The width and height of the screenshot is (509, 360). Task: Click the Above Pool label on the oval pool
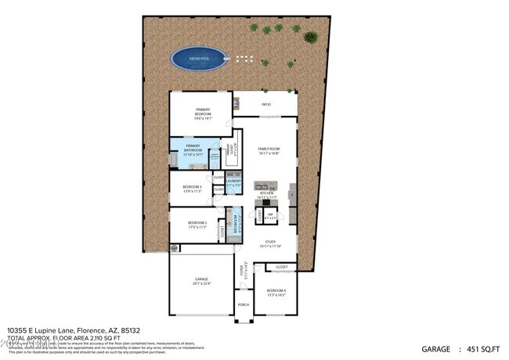tap(200, 57)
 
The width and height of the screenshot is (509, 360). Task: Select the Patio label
tap(266, 103)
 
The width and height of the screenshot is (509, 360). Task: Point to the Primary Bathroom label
tap(193, 149)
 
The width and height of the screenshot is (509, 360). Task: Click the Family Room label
tap(269, 150)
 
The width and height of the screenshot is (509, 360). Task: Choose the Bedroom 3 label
tap(192, 189)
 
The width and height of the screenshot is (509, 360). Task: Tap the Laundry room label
tap(233, 182)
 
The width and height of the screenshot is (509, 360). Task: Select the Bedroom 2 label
tap(197, 225)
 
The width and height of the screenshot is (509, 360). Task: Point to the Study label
tap(270, 243)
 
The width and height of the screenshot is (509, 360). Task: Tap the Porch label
tap(243, 304)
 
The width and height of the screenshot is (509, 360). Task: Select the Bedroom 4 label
tap(276, 293)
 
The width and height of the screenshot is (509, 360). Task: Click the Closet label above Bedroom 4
tap(281, 267)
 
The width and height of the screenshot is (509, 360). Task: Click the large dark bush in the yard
tap(311, 37)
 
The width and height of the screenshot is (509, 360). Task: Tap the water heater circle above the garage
tap(174, 248)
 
